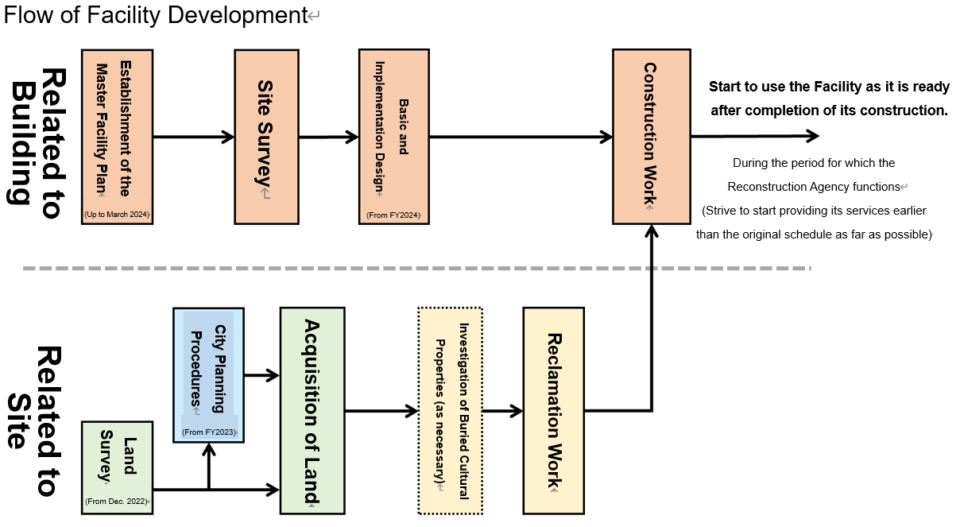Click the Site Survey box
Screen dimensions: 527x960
pyautogui.click(x=266, y=136)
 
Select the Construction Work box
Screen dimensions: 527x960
pyautogui.click(x=650, y=136)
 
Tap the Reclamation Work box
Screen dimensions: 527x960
pyautogui.click(x=553, y=410)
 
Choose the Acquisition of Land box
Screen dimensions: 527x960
pyautogui.click(x=312, y=410)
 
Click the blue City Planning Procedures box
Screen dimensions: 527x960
pyautogui.click(x=208, y=374)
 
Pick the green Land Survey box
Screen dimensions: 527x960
pyautogui.click(x=117, y=467)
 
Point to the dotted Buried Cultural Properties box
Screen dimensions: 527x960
pyautogui.click(x=451, y=410)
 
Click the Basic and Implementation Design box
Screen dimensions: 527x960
pyautogui.click(x=393, y=136)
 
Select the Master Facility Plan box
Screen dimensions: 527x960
pyautogui.click(x=117, y=136)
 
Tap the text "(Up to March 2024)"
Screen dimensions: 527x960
pyautogui.click(x=117, y=215)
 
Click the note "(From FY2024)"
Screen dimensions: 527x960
pyautogui.click(x=393, y=215)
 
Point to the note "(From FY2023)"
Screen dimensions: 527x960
pyautogui.click(x=209, y=432)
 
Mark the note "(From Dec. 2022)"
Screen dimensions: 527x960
pyautogui.click(x=117, y=502)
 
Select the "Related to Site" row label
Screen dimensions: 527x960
pyautogui.click(x=37, y=420)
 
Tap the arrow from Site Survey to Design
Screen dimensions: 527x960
pyautogui.click(x=328, y=137)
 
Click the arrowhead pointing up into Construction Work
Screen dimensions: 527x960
pyautogui.click(x=651, y=231)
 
